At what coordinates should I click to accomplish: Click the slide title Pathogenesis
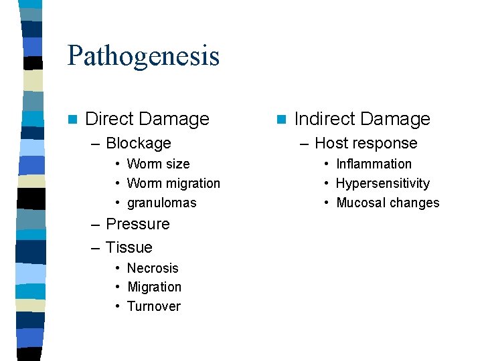pyautogui.click(x=143, y=55)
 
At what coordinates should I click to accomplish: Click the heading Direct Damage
pyautogui.click(x=147, y=119)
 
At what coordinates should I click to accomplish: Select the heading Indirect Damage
pyautogui.click(x=362, y=119)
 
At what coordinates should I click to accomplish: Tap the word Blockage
pyautogui.click(x=139, y=143)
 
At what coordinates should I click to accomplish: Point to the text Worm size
pyautogui.click(x=158, y=164)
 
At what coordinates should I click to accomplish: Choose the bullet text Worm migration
pyautogui.click(x=173, y=183)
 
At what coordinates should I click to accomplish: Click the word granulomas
pyautogui.click(x=162, y=203)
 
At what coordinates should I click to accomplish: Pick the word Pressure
pyautogui.click(x=138, y=224)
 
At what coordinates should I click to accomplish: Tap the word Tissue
pyautogui.click(x=129, y=247)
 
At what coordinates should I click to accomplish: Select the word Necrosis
pyautogui.click(x=153, y=268)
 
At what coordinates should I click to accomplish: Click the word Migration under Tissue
pyautogui.click(x=154, y=287)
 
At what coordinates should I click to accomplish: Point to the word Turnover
pyautogui.click(x=154, y=306)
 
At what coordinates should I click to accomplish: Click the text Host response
pyautogui.click(x=366, y=143)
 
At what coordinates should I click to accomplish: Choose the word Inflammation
pyautogui.click(x=374, y=164)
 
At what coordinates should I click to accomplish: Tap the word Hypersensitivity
pyautogui.click(x=382, y=183)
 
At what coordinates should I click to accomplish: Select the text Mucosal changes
pyautogui.click(x=388, y=203)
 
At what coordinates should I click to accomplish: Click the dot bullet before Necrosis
pyautogui.click(x=117, y=269)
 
